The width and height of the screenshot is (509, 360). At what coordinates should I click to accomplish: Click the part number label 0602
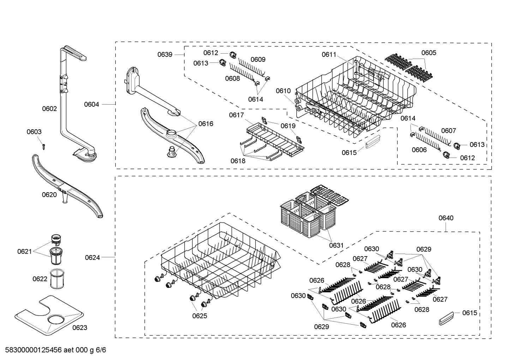click(49, 109)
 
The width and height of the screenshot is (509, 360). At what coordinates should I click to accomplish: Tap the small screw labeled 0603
click(43, 145)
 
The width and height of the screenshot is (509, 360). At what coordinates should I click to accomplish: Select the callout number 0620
click(49, 195)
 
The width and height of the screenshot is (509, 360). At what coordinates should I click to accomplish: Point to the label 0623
click(79, 327)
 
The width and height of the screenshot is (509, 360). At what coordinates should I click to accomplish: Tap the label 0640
click(446, 218)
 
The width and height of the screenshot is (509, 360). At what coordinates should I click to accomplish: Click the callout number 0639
click(165, 54)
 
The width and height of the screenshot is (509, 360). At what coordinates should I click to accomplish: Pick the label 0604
click(91, 104)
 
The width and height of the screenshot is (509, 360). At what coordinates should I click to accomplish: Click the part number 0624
click(92, 258)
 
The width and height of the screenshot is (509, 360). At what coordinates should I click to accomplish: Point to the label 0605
click(429, 53)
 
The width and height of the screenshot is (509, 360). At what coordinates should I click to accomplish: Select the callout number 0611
click(329, 54)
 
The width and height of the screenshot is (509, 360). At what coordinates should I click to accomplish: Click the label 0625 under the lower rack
click(199, 316)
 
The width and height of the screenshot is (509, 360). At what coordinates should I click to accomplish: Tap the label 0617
click(236, 115)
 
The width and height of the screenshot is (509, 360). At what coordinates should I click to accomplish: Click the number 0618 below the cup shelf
click(238, 161)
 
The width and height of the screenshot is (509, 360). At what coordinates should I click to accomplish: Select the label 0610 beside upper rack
click(283, 91)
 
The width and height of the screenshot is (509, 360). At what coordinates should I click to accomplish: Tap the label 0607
click(448, 131)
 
